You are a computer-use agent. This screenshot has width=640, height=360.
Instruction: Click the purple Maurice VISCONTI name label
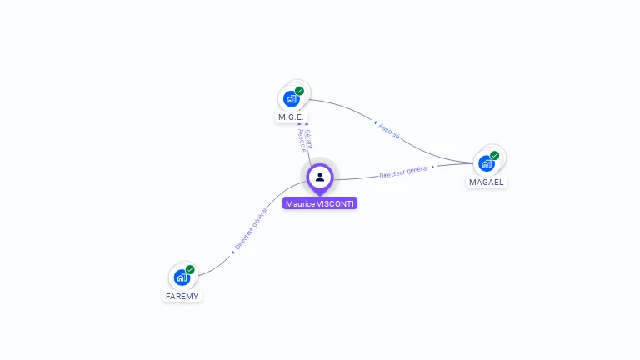click(320, 203)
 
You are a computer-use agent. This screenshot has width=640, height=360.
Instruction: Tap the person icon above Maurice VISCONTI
click(320, 177)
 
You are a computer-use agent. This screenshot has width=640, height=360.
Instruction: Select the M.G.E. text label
click(291, 117)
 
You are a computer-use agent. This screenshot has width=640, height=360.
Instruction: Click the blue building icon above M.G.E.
click(291, 98)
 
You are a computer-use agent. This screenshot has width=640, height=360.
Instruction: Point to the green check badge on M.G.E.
click(299, 91)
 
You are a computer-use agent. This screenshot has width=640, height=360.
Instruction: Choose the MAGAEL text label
click(487, 182)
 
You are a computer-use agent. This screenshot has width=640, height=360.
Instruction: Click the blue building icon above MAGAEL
click(486, 163)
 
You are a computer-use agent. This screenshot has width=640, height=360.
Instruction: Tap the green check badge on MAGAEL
click(494, 156)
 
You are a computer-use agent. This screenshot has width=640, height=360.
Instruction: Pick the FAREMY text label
click(182, 296)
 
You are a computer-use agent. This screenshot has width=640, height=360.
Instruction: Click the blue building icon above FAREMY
click(182, 277)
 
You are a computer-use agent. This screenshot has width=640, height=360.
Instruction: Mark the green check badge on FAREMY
click(190, 270)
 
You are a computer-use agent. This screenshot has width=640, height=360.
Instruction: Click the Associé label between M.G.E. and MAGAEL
click(389, 131)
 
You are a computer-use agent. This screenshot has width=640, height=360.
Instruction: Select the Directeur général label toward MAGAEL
click(403, 172)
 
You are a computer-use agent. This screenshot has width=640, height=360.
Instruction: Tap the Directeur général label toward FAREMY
click(251, 230)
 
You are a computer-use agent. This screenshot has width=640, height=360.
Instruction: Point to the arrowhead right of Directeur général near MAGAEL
click(433, 166)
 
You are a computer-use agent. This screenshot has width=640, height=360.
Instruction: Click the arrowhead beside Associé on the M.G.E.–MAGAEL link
click(375, 122)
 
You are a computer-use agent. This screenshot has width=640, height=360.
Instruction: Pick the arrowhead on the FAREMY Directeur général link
click(233, 252)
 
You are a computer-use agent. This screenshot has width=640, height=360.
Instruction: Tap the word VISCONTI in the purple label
click(337, 203)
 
